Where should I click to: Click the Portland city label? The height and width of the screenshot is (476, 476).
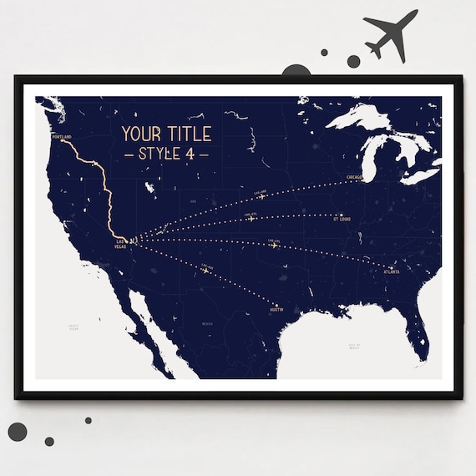pos(61,136)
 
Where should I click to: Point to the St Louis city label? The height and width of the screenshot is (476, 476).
pos(343,220)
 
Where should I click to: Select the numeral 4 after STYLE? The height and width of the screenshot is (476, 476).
pos(193,154)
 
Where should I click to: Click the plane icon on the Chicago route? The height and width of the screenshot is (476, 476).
pos(261,195)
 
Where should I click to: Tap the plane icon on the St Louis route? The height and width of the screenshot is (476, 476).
pos(251,219)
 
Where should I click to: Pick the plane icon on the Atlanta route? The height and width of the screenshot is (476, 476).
pos(274,245)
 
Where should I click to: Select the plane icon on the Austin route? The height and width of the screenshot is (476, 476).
pos(205,270)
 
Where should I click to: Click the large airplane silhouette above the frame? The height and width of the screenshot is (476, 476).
pos(390,35)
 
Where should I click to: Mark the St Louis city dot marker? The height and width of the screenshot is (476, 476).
pos(342,215)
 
